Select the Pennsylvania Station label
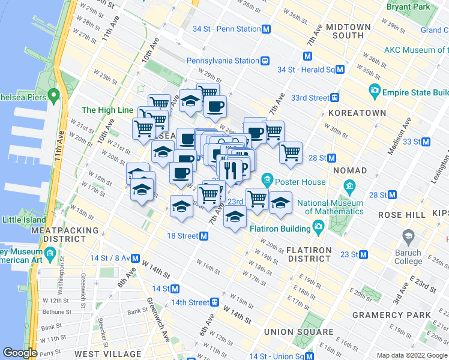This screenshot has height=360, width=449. [221, 61]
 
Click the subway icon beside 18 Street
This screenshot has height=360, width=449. [204, 236]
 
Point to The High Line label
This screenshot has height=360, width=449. [107, 110]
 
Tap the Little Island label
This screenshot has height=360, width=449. [25, 220]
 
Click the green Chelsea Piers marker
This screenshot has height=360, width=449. [53, 95]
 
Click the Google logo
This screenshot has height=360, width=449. [20, 353]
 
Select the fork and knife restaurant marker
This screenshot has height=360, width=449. [230, 170]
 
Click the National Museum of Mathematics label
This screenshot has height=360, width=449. [330, 207]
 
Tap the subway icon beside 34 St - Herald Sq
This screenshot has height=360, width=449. [340, 70]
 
